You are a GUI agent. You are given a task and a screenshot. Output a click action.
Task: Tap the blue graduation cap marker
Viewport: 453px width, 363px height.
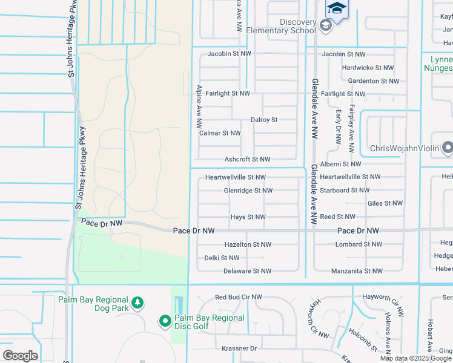(337, 9)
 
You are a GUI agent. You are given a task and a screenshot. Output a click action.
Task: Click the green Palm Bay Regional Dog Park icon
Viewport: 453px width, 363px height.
(138, 302)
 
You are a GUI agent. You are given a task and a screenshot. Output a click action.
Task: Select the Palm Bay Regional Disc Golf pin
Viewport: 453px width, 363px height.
(165, 321)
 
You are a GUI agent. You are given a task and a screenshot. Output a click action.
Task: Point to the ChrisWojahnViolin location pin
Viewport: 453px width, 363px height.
(447, 147)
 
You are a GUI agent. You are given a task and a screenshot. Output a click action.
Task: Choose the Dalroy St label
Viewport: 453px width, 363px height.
(264, 120)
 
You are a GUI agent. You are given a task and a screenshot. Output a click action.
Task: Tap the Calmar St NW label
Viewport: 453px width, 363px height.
(220, 133)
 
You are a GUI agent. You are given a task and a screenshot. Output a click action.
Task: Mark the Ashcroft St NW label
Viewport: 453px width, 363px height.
(247, 159)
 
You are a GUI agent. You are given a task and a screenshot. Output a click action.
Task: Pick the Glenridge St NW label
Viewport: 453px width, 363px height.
(248, 191)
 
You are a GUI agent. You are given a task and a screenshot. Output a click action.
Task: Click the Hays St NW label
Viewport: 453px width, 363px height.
(248, 217)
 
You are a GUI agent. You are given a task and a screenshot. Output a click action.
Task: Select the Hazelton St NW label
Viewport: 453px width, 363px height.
(248, 244)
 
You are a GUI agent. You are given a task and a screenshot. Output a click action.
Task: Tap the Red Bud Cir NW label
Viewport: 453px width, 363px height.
(239, 297)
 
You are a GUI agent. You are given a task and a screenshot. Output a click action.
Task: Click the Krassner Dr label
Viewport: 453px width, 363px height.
(239, 348)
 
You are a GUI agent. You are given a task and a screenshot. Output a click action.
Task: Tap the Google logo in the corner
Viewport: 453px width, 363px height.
(19, 355)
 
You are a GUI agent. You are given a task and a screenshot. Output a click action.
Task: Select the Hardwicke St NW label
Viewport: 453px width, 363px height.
(368, 68)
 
